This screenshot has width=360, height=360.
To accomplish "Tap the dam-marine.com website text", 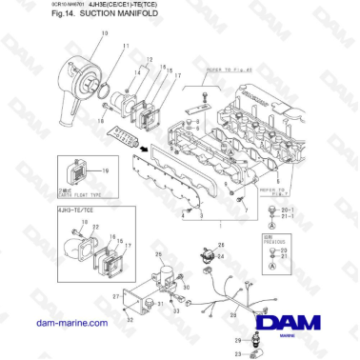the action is pyautogui.click(x=71, y=324).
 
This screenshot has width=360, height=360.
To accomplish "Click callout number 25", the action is pyautogui.click(x=158, y=254).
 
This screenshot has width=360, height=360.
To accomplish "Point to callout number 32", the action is pyautogui.click(x=130, y=320).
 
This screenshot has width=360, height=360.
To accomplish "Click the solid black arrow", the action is pyautogui.click(x=145, y=148).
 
